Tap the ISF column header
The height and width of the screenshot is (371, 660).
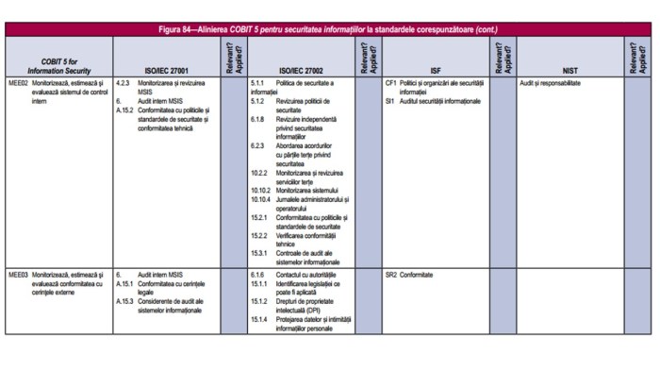[x=435, y=70]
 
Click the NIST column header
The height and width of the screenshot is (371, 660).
[x=569, y=70]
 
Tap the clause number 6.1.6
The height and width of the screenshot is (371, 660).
[x=257, y=275]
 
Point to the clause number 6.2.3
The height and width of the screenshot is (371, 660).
[x=257, y=145]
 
